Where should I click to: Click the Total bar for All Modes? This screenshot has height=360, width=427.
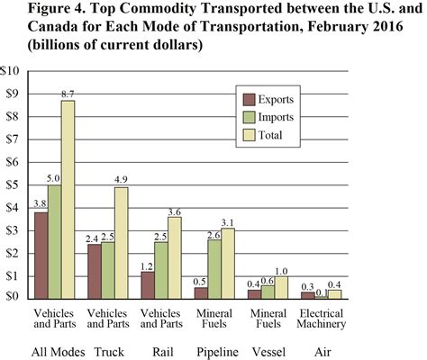(x=68, y=198)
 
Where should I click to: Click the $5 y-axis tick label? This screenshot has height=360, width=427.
(x=14, y=184)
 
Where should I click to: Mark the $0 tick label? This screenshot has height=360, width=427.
(x=14, y=297)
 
